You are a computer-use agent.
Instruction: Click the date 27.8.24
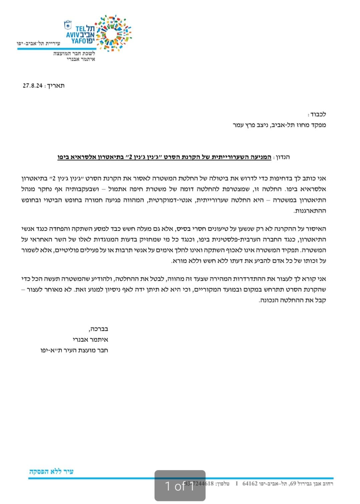click(32, 85)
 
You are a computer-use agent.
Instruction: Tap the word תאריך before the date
click(55, 85)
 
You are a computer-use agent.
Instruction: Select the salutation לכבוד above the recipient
click(318, 114)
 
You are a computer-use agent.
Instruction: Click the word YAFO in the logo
click(79, 41)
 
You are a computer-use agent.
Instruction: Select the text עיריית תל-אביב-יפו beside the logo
click(38, 44)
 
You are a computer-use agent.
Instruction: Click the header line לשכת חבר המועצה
click(74, 53)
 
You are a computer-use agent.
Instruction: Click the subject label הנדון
click(282, 157)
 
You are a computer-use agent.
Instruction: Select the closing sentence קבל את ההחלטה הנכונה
click(292, 300)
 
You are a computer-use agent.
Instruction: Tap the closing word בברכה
click(98, 329)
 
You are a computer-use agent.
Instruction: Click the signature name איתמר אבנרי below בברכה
click(90, 339)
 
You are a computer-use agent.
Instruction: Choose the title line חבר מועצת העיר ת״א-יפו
click(74, 350)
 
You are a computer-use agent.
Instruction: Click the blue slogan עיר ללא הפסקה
click(51, 471)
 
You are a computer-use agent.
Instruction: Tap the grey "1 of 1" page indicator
click(180, 486)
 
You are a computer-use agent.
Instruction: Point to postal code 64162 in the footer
click(250, 483)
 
